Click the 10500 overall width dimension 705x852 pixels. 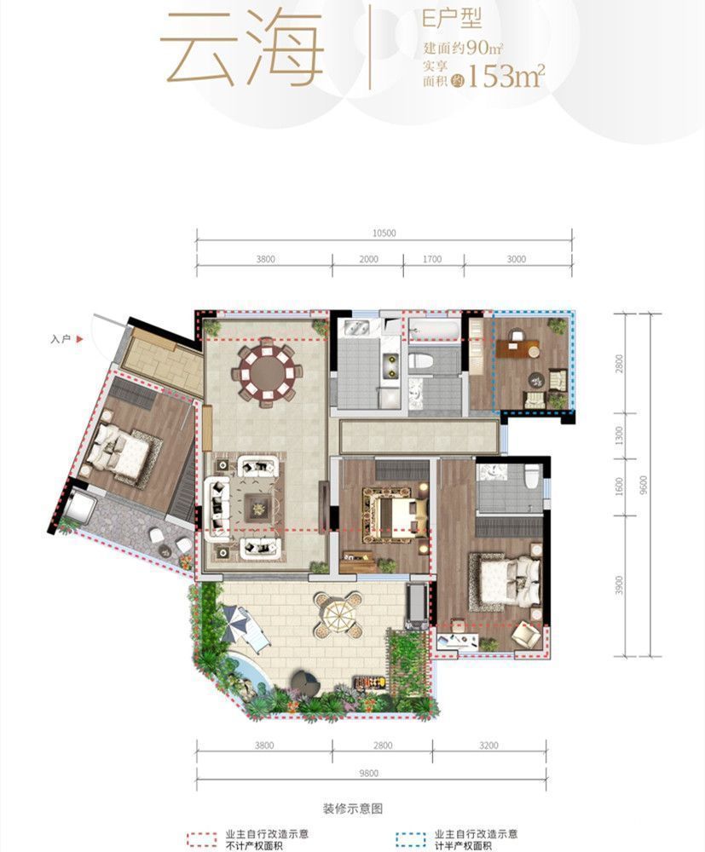pos(384,233)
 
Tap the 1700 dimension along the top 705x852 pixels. pos(432,259)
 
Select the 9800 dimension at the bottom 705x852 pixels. pos(368,774)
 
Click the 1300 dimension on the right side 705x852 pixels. pos(619,435)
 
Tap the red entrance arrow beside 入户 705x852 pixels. pos(79,339)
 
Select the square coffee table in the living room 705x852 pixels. pos(258,508)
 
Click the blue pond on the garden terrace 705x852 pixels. pos(248,674)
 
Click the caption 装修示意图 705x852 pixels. pos(353,809)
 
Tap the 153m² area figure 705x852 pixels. pos(505,76)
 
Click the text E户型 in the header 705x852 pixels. pos(453,19)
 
